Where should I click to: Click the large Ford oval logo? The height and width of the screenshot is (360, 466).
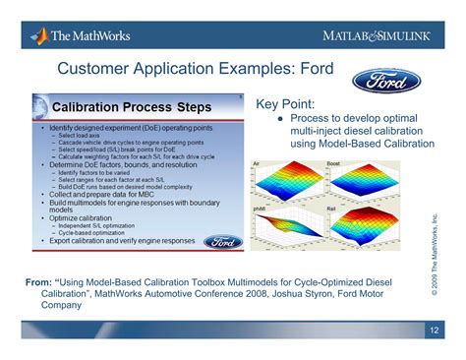(386, 79)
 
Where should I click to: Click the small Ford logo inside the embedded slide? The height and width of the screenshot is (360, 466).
(223, 241)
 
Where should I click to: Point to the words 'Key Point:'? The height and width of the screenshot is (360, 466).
(285, 103)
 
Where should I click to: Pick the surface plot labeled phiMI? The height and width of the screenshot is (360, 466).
(285, 231)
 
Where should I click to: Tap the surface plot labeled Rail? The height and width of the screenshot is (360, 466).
(359, 231)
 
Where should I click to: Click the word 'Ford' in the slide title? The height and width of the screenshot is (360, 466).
(312, 69)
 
